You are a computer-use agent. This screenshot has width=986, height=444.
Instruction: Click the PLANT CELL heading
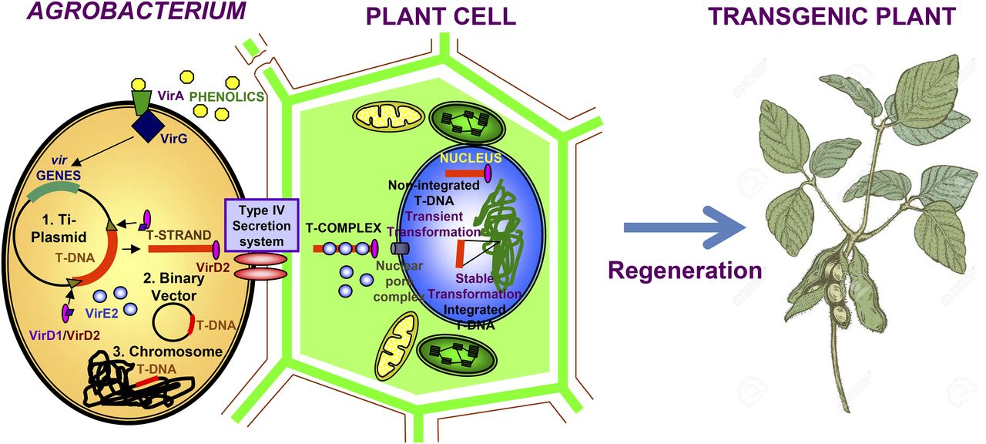click(x=440, y=15)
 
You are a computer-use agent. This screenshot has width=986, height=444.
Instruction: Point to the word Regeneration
click(x=685, y=271)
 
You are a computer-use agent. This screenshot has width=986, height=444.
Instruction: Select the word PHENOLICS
click(x=227, y=97)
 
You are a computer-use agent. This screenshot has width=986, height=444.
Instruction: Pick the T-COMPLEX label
click(x=344, y=228)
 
